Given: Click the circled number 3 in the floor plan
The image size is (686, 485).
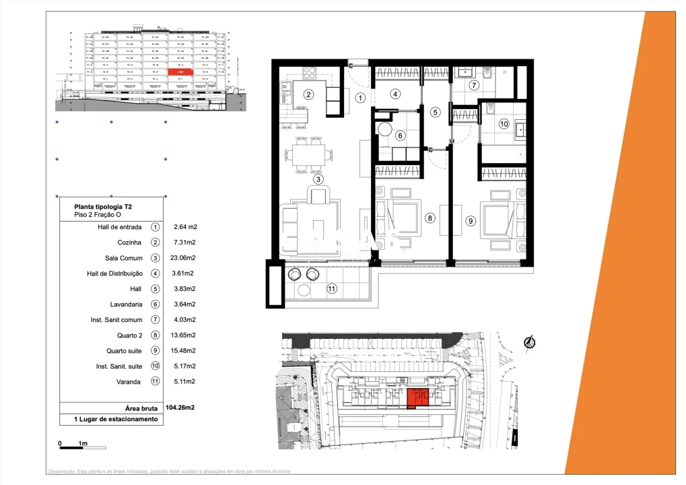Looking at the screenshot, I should [318, 179].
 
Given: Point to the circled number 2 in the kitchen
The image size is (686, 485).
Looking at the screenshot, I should [308, 94].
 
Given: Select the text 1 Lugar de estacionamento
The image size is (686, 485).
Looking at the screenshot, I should [110, 419].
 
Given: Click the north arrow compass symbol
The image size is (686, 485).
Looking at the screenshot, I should [530, 343].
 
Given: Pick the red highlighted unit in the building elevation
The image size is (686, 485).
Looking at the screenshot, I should [180, 71].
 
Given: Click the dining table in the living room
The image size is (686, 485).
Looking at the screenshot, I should [309, 155].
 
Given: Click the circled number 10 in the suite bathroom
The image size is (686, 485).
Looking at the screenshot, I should [504, 124].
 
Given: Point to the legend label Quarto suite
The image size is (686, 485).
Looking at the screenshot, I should [124, 350].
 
